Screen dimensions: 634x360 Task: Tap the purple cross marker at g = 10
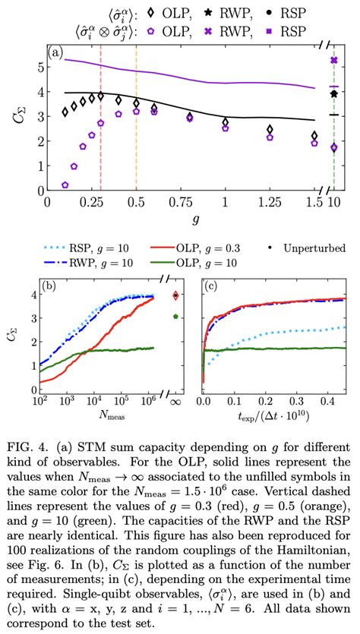[x=333, y=60]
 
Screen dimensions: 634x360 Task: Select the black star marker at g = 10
[x=333, y=93]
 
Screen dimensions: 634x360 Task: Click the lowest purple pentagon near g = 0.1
[x=65, y=185]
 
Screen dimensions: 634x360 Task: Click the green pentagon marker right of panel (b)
[x=176, y=317]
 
